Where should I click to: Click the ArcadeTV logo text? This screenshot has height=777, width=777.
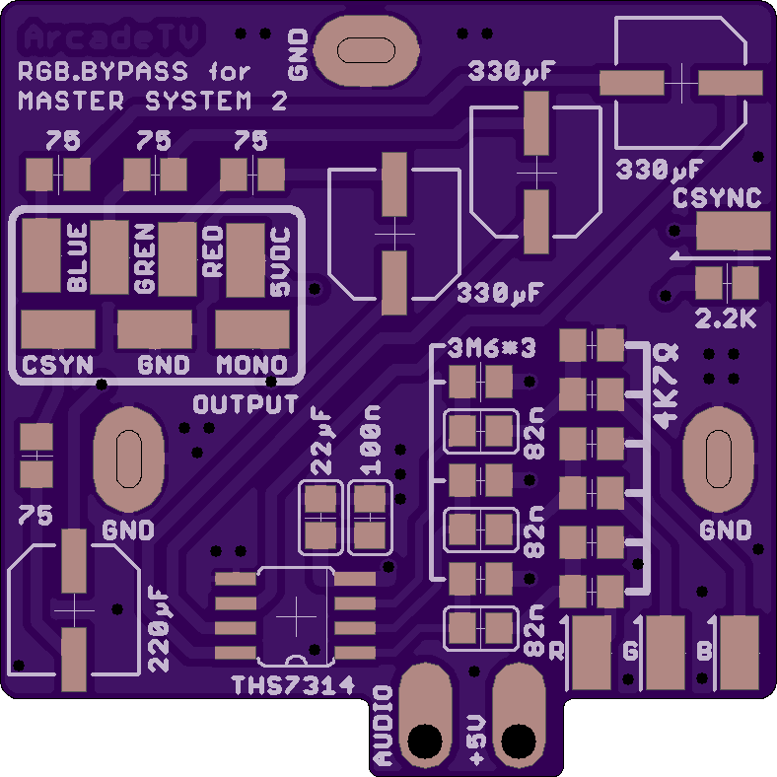111,36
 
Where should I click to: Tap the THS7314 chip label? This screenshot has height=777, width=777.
294,685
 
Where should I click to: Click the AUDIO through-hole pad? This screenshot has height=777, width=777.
425,716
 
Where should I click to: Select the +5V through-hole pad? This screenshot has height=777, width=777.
519,716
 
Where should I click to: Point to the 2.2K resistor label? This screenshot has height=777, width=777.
726,319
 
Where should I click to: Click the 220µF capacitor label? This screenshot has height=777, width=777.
159,629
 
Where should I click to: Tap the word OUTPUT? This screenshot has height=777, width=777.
246,404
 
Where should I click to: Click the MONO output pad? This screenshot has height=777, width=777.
252,329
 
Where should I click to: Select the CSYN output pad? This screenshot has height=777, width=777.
58,329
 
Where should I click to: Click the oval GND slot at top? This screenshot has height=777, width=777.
366,50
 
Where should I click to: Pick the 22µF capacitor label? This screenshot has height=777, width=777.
321,441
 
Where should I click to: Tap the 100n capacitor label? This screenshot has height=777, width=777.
370,441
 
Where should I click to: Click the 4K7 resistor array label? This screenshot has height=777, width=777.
666,387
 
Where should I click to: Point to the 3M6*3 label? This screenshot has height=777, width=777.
491,349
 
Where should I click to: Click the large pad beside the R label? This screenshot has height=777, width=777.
592,653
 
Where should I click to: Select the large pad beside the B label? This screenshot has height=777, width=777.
740,653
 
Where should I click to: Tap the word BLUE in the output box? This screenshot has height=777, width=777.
77,257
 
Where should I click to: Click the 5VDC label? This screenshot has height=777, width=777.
280,261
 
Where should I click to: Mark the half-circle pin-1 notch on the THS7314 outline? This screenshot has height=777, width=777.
297,659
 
